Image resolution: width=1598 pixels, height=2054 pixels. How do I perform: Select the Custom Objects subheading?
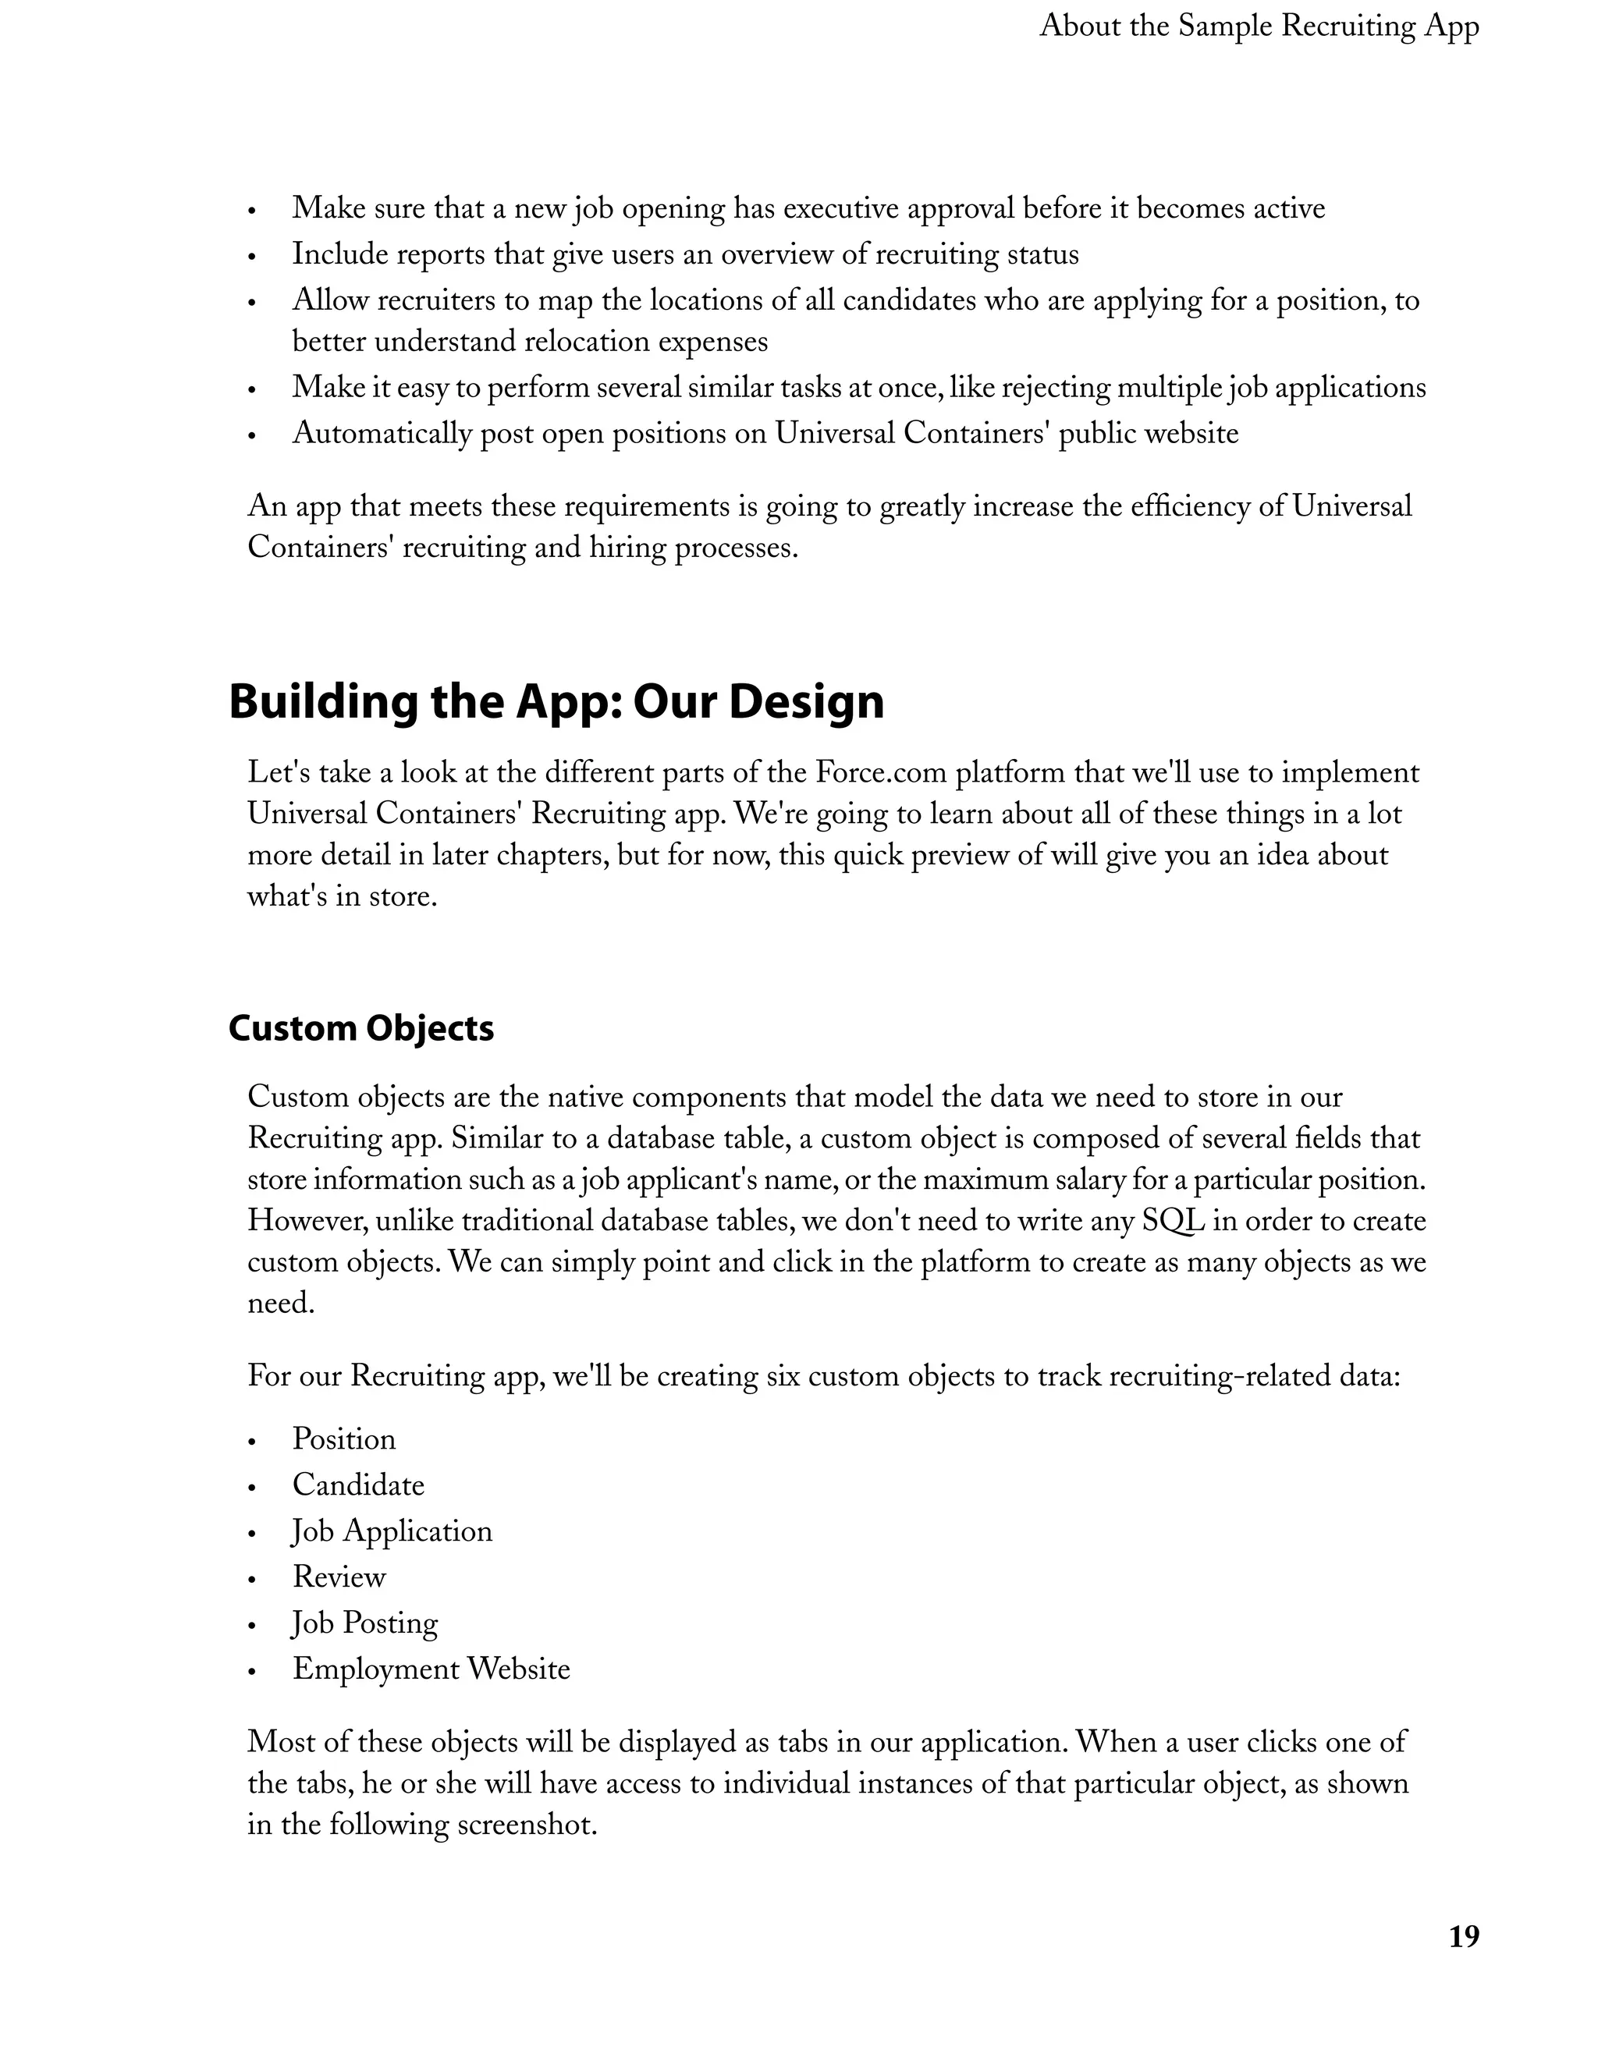pos(361,1029)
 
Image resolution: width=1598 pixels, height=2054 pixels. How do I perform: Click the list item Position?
pos(343,1439)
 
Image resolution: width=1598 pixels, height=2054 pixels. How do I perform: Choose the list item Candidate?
pos(358,1485)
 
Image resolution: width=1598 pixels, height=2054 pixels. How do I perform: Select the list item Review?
pos(339,1577)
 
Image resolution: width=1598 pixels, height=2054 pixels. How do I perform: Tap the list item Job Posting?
pos(365,1623)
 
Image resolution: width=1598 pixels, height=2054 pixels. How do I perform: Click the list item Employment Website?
pos(431,1669)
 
